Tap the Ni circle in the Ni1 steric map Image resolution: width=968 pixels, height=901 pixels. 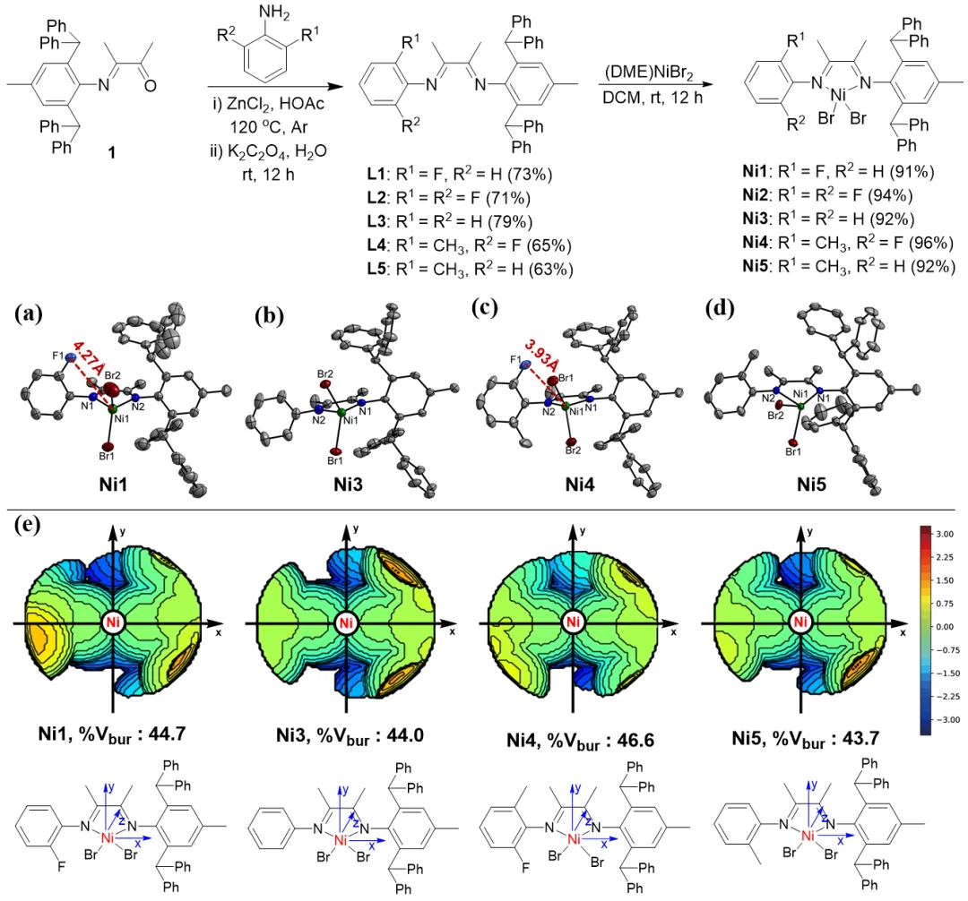coord(113,622)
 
